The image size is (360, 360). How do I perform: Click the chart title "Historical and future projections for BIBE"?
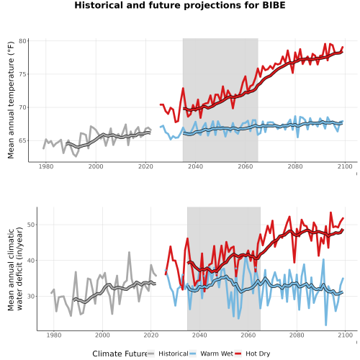pyautogui.click(x=180, y=5)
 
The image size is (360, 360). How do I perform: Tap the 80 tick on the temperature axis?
pyautogui.click(x=22, y=41)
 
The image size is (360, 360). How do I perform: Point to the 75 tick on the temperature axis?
pyautogui.click(x=22, y=74)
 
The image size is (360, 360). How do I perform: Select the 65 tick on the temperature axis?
pyautogui.click(x=22, y=140)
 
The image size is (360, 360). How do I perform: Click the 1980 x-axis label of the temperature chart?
pyautogui.click(x=46, y=166)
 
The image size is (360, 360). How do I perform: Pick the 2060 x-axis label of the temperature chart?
pyautogui.click(x=246, y=166)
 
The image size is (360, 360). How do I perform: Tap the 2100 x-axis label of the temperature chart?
pyautogui.click(x=345, y=166)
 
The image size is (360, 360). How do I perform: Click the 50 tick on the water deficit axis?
pyautogui.click(x=31, y=225)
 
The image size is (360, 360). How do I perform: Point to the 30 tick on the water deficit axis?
pyautogui.click(x=31, y=297)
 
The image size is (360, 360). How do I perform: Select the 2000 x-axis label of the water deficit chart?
pyautogui.click(x=102, y=335)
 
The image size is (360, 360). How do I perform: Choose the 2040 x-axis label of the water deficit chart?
pyautogui.click(x=199, y=335)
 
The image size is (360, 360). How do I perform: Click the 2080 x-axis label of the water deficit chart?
pyautogui.click(x=297, y=335)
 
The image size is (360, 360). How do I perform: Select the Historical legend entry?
pyautogui.click(x=168, y=354)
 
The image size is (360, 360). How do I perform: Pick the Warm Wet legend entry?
pyautogui.click(x=211, y=354)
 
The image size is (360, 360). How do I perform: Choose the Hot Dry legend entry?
pyautogui.click(x=252, y=354)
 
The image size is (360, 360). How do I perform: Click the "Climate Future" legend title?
pyautogui.click(x=120, y=354)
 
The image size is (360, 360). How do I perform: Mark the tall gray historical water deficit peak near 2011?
pyautogui.click(x=129, y=252)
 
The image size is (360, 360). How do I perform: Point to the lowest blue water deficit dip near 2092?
pyautogui.click(x=326, y=325)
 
